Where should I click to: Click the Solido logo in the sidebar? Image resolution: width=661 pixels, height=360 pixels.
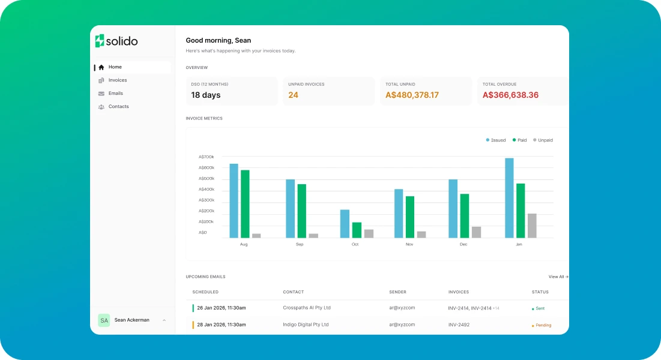116,41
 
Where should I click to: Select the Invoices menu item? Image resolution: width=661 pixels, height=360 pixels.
117,80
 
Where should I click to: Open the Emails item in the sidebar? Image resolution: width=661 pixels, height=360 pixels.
115,94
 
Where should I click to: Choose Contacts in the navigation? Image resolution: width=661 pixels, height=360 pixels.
118,107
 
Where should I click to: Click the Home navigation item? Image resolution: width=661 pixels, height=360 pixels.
115,67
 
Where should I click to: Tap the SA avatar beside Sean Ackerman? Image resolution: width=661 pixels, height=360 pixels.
104,320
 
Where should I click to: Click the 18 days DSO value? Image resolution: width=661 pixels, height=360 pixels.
206,95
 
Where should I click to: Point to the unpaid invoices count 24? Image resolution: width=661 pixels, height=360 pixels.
293,95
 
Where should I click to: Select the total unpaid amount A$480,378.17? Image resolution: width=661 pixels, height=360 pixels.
412,95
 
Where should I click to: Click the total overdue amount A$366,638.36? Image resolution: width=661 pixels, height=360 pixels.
510,95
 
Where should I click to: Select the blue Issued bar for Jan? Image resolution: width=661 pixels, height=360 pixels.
509,198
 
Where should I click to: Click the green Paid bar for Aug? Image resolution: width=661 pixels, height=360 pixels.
245,204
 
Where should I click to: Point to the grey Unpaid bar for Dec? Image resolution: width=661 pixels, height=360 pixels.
476,232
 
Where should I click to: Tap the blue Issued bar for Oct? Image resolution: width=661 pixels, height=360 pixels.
345,224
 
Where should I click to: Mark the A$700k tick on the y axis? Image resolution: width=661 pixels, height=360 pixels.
207,157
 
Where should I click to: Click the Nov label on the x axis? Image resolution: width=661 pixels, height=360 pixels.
409,244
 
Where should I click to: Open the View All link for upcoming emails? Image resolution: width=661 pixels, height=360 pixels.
558,277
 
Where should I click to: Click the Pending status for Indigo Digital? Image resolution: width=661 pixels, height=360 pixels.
542,325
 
